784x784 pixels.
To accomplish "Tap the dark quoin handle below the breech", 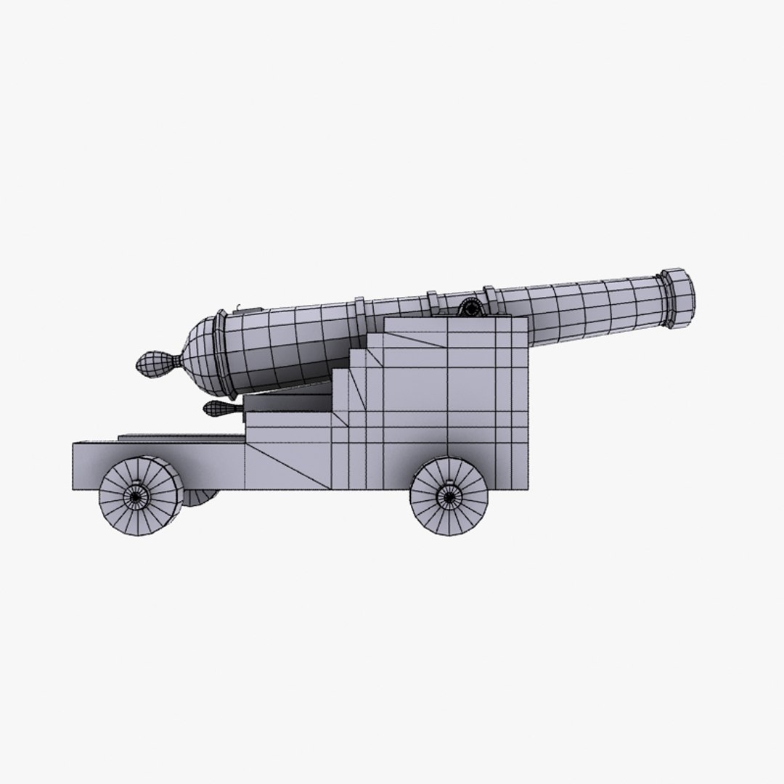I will [217, 409].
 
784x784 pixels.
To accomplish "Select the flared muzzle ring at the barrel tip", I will [678, 298].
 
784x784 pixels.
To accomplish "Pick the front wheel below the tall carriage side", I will [449, 497].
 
